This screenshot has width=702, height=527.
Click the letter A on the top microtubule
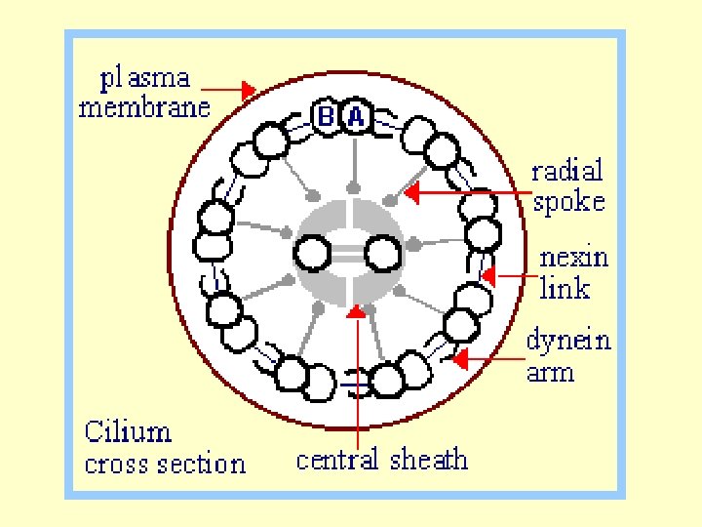coord(356,118)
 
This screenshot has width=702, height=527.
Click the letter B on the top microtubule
coord(327,118)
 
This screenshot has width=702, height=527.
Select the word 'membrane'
coord(144,106)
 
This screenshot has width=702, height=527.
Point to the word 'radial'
coord(567,171)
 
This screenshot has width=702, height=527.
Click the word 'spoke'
coord(569,202)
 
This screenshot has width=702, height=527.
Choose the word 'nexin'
coord(574,258)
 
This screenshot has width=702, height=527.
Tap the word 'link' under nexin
coord(565,288)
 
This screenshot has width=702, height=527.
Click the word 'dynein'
coord(569,340)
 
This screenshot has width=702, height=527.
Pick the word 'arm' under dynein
coord(550,372)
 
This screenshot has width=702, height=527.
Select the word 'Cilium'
coord(128,431)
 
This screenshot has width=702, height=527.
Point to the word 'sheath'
coord(429,460)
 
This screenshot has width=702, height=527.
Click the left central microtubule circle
coord(313,254)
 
